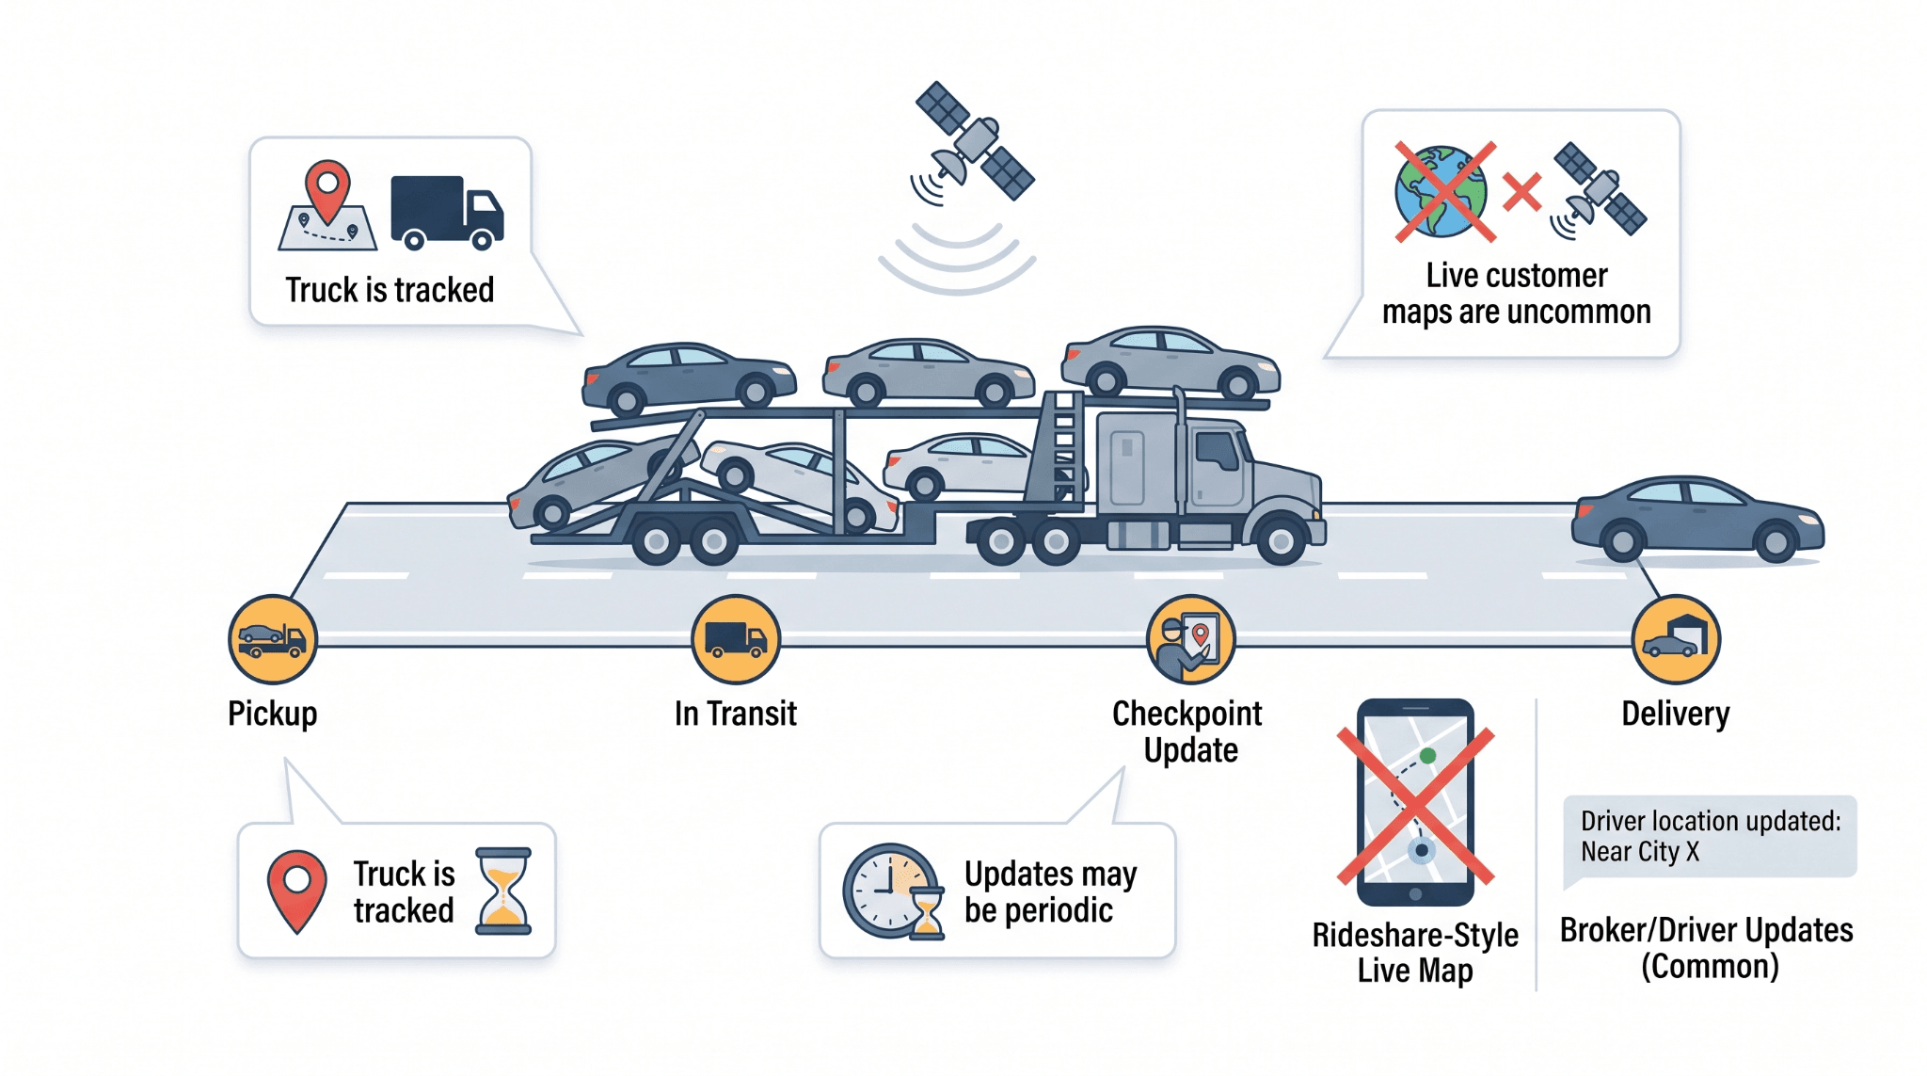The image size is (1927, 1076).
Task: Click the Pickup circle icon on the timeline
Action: tap(273, 639)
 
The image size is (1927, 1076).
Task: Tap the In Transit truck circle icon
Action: tap(736, 639)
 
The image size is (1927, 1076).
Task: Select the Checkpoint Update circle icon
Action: tap(1191, 639)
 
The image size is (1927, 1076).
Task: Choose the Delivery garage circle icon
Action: tap(1676, 639)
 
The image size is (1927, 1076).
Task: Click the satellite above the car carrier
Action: tap(974, 141)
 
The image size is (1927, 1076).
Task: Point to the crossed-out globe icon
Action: tap(1441, 191)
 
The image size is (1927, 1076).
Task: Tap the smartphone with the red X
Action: tap(1415, 802)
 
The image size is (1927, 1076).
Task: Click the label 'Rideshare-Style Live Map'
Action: tap(1415, 953)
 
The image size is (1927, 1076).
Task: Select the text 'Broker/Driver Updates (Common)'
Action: tap(1707, 948)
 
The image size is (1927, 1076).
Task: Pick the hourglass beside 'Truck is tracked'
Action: tap(503, 891)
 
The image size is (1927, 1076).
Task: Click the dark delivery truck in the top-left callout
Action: tap(447, 213)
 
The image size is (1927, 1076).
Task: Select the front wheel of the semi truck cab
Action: tap(1280, 539)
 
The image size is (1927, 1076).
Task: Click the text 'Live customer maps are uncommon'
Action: tap(1516, 293)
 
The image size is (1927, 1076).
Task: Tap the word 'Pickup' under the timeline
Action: tap(273, 715)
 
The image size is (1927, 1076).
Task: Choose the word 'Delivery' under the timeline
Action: tap(1676, 715)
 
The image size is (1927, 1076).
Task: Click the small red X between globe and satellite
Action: tap(1521, 192)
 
